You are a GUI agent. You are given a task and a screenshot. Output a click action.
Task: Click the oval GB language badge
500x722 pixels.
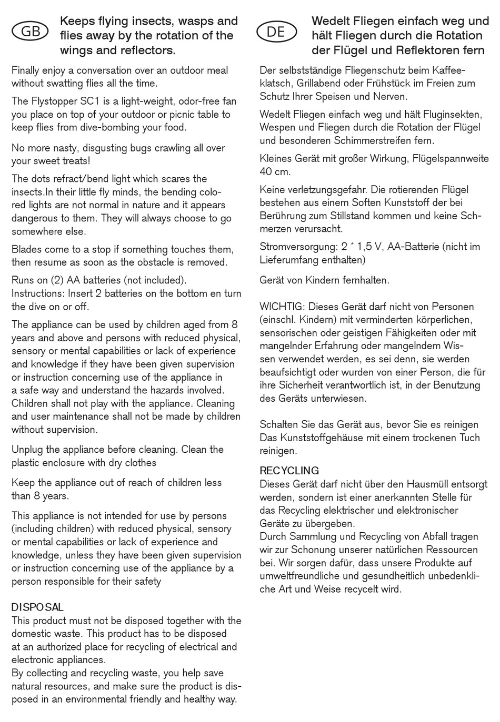(30, 32)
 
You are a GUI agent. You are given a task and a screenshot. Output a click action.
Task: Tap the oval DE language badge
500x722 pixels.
(276, 32)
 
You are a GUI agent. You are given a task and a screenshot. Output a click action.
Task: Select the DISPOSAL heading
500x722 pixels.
(37, 607)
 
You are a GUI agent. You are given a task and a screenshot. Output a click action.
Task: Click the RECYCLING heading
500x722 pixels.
(289, 471)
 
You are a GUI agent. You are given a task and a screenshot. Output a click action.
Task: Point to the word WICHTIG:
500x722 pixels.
(282, 307)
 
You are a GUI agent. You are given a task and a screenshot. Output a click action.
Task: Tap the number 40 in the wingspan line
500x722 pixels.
(266, 171)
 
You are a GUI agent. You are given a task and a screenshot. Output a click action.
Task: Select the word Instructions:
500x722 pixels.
(38, 293)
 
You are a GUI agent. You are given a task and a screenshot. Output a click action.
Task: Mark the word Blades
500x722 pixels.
(26, 249)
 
